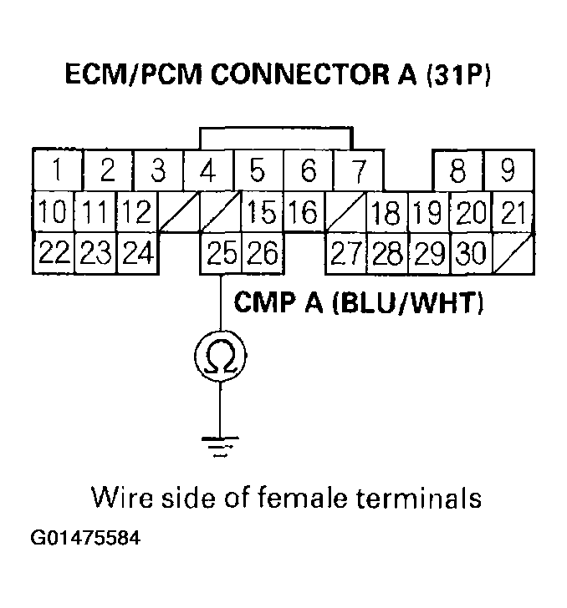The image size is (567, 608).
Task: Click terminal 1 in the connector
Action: (56, 170)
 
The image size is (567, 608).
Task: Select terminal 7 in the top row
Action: (358, 170)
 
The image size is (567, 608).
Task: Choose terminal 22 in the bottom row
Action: (53, 252)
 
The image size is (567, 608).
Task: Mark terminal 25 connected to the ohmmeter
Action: (221, 252)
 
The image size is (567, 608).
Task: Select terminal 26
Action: (261, 252)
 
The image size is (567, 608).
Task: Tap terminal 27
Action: (345, 252)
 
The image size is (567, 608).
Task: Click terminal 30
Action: (471, 252)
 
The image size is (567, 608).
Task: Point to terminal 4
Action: (208, 170)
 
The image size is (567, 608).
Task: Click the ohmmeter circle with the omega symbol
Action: (221, 357)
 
